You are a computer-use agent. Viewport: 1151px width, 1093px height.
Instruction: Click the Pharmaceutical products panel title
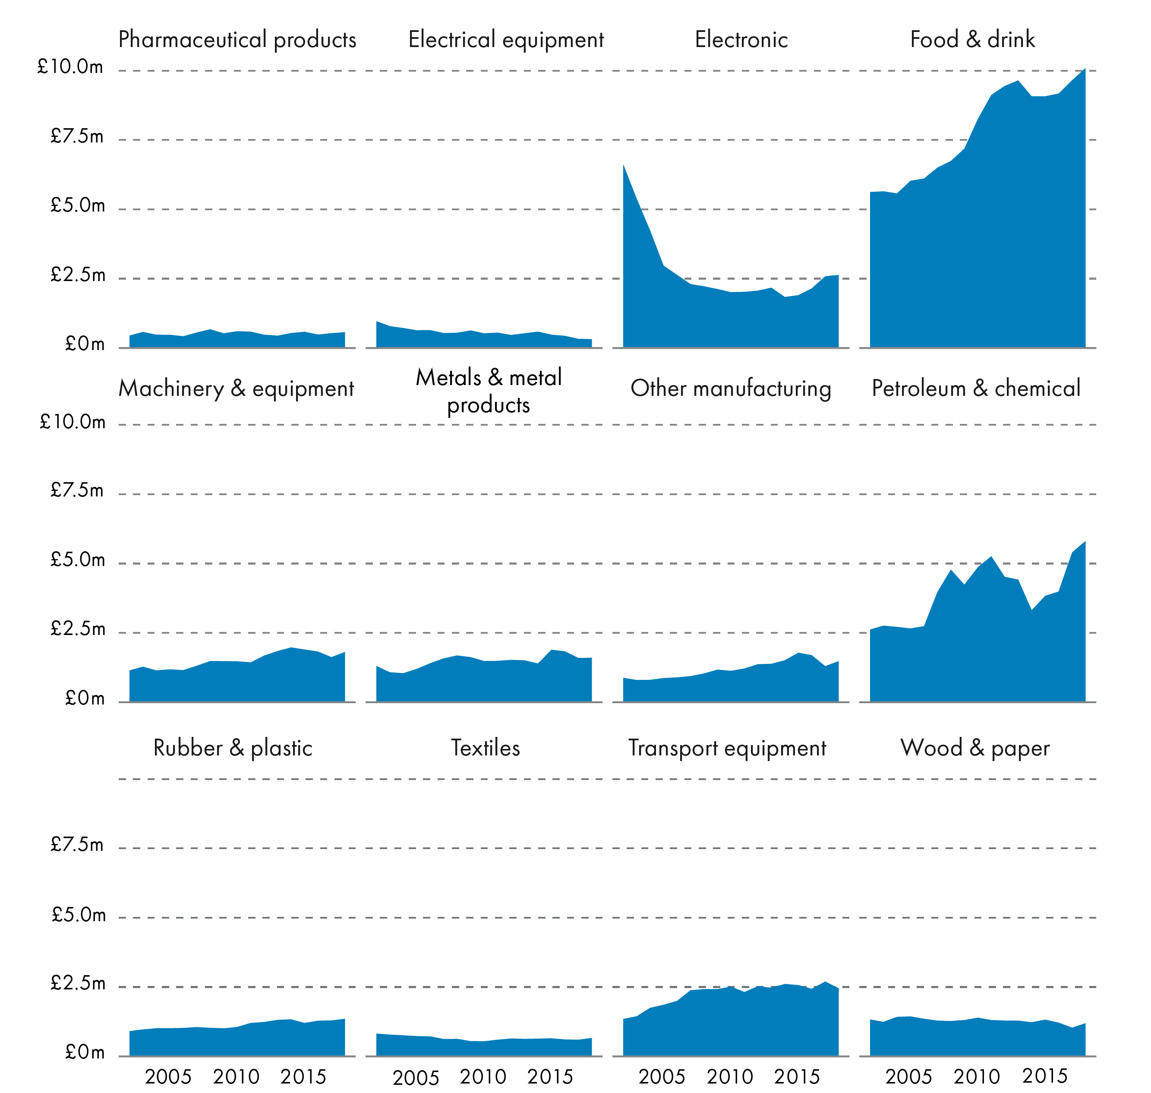[237, 40]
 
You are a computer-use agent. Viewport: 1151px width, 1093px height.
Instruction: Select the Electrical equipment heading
[506, 40]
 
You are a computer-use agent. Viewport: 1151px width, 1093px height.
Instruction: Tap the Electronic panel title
[741, 40]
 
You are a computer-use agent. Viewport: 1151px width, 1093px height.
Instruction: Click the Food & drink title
[972, 40]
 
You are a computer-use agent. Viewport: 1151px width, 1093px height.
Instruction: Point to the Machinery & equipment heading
[236, 389]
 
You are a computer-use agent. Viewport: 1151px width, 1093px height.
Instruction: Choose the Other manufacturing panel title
[731, 389]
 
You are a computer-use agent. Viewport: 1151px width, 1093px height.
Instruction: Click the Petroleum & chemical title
[976, 389]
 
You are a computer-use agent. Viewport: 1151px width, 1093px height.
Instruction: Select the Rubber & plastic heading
[233, 748]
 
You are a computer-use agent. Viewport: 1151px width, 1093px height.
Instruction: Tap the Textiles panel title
[485, 748]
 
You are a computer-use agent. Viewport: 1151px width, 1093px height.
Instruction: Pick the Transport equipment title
[727, 748]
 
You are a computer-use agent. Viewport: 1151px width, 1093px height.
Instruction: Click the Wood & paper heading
[974, 748]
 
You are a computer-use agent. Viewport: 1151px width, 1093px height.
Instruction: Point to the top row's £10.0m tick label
[70, 67]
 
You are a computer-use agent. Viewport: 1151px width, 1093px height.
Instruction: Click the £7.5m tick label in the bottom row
[77, 844]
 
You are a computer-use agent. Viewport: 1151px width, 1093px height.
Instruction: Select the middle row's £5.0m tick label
[78, 560]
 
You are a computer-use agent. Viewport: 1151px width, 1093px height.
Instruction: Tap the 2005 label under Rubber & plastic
[168, 1077]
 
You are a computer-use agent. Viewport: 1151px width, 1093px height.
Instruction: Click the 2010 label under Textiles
[483, 1077]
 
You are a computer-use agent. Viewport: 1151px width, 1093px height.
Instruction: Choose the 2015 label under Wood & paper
[1045, 1076]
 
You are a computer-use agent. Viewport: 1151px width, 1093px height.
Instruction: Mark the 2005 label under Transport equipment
[662, 1077]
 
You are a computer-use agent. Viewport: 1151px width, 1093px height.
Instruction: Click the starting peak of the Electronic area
[624, 165]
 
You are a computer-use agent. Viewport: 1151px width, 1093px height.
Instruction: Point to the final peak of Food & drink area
[1085, 70]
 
